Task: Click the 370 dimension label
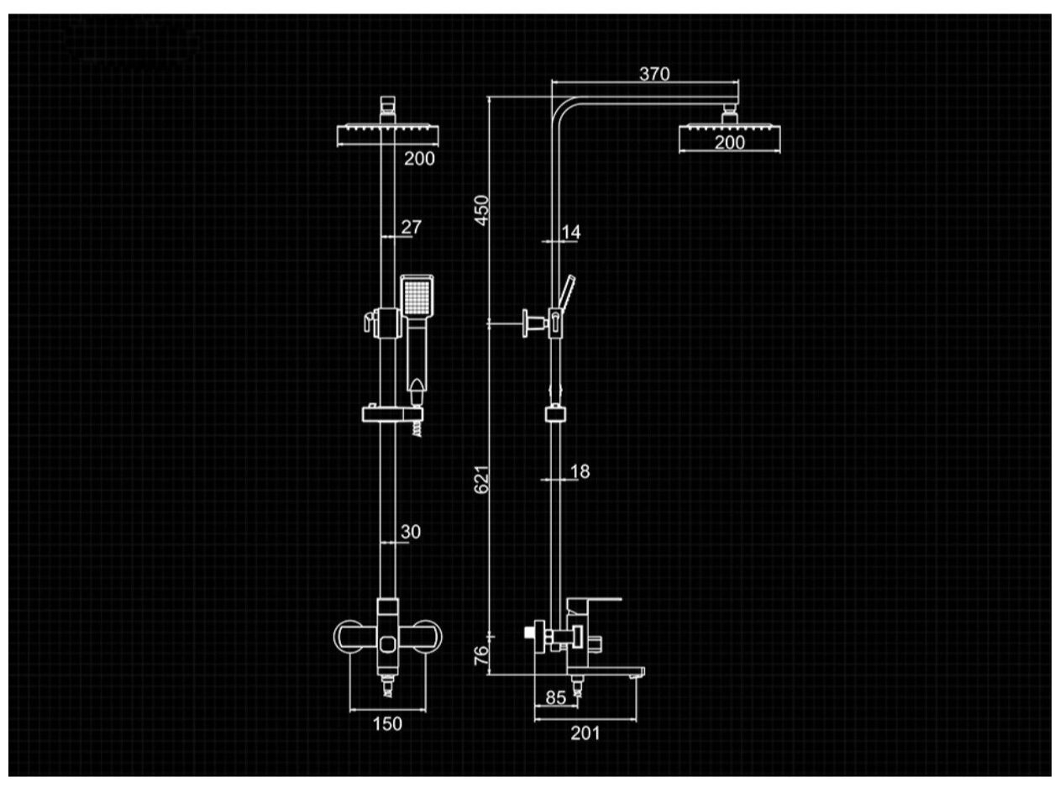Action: point(654,74)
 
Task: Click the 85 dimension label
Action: point(555,697)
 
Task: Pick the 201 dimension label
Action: point(585,733)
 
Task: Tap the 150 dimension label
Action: point(387,723)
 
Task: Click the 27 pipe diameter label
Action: point(412,227)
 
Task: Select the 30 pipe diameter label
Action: point(411,532)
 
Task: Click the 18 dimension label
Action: point(580,471)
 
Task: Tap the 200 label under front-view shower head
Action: point(420,158)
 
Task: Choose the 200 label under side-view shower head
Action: point(729,143)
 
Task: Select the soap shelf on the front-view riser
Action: point(391,413)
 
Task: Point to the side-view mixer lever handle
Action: point(593,602)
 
